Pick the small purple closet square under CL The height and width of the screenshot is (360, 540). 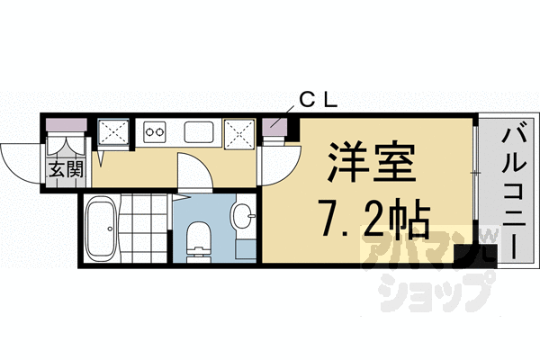pos(274,128)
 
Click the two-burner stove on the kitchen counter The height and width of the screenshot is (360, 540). pos(154,132)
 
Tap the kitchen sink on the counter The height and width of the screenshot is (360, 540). pos(198,132)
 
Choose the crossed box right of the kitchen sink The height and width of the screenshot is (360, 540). pos(240,133)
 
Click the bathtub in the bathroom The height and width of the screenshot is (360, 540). pos(101,229)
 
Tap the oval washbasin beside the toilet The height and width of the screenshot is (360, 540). pos(240,216)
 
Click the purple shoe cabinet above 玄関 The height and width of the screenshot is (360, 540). pos(66,126)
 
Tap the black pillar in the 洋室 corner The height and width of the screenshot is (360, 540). pos(463,254)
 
